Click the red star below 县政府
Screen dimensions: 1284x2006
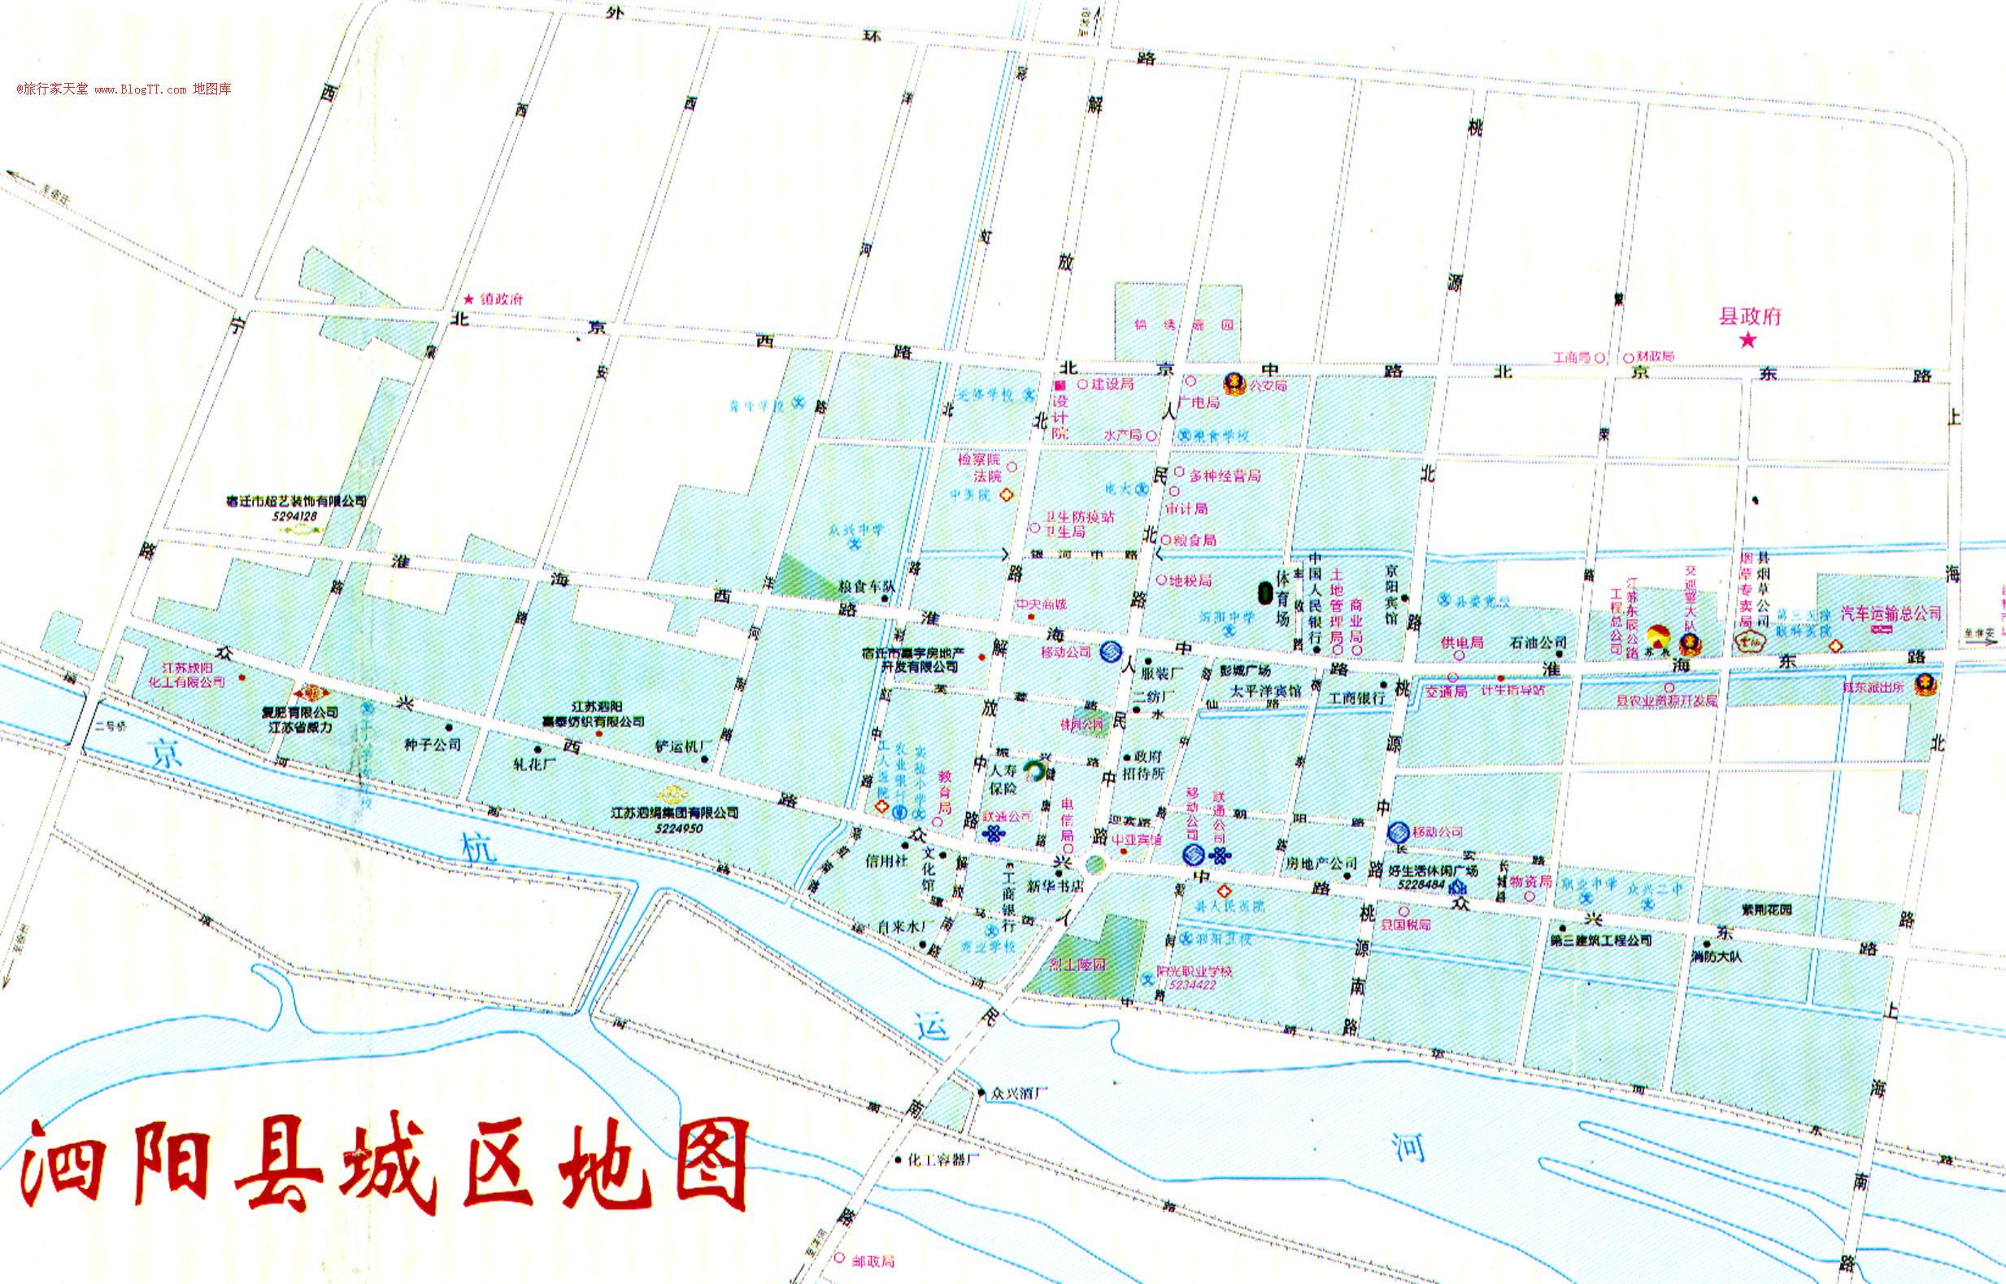1747,339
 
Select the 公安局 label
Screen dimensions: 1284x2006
1267,385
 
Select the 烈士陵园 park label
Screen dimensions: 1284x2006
1077,964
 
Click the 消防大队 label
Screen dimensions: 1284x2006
1717,956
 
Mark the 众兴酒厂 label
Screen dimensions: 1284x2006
1016,1091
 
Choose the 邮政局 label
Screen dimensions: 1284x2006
873,1260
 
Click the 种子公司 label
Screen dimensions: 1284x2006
432,744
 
